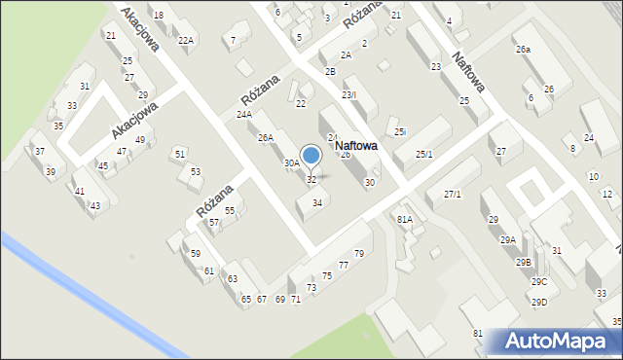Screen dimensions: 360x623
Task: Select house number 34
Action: click(x=316, y=202)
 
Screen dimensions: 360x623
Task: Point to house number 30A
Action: click(x=291, y=163)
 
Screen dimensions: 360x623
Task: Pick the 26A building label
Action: click(x=265, y=138)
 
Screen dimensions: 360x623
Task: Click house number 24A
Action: click(x=243, y=114)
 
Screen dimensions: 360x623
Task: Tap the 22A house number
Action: click(x=186, y=40)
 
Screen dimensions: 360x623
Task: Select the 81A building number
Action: click(x=404, y=220)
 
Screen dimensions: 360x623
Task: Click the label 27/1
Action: click(x=452, y=195)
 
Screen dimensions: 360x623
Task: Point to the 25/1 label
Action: click(x=424, y=155)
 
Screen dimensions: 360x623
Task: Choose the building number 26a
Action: click(x=524, y=49)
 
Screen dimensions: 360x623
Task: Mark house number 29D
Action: click(x=538, y=302)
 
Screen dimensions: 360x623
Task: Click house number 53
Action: click(x=195, y=171)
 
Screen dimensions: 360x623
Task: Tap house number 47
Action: click(x=122, y=152)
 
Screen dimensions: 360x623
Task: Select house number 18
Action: click(x=158, y=16)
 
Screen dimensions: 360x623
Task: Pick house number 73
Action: click(x=311, y=287)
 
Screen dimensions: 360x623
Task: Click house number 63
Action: click(x=233, y=279)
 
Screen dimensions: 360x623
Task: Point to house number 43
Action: click(x=94, y=205)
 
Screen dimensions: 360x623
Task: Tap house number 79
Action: click(x=358, y=254)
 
